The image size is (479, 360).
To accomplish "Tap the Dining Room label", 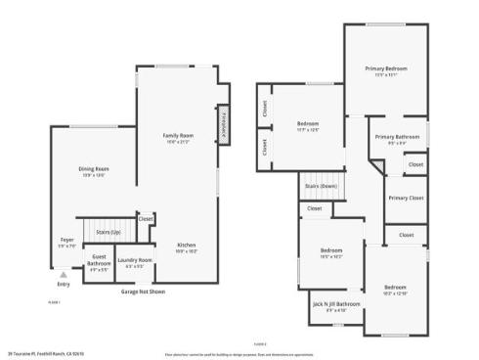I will coord(94,169).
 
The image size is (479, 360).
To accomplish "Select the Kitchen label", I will coord(186,245).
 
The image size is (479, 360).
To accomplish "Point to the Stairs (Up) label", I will coord(109,232).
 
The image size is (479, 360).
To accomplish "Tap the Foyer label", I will coord(66,240).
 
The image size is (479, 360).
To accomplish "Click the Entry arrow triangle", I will coord(64,276).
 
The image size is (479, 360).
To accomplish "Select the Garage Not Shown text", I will coord(143,292).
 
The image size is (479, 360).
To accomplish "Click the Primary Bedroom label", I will coord(386,68).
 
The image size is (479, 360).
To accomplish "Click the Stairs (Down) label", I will coord(321,185).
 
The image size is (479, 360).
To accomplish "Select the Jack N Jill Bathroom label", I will coord(335,304).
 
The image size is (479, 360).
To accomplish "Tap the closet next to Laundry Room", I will coord(146,219).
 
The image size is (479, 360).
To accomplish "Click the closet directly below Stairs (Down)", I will coord(315,208).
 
